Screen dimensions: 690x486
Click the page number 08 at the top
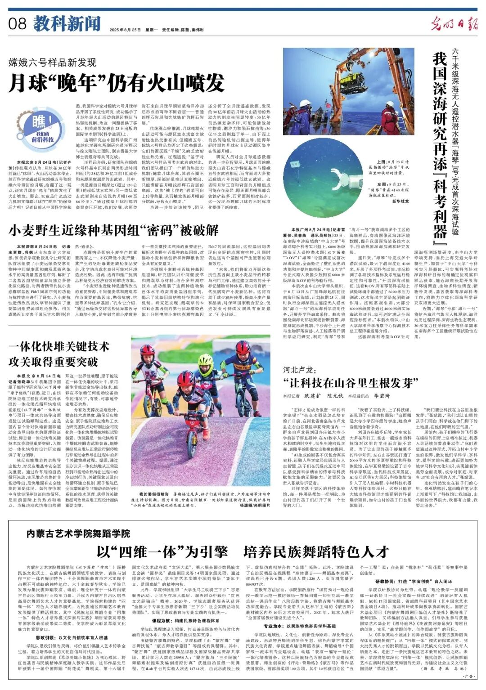(18, 23)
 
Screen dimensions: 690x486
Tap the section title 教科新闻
(67, 23)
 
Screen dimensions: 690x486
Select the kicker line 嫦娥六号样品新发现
(52, 62)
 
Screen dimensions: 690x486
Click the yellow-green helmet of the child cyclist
(205, 359)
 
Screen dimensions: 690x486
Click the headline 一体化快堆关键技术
(58, 346)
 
